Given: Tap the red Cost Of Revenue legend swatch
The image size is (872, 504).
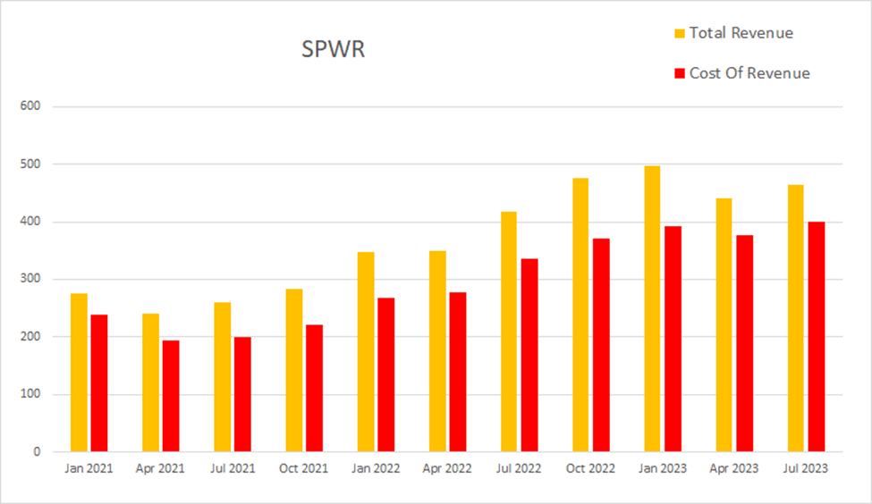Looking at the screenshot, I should coord(679,73).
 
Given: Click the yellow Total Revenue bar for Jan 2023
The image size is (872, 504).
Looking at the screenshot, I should coord(652,308).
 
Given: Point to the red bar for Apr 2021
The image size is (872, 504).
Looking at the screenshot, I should coord(171,396).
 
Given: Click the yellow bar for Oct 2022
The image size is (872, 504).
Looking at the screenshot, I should coord(580,315).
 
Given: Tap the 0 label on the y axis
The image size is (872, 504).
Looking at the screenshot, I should coord(38,452).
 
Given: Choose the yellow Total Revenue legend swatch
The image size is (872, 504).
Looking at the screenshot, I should coord(679,33).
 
